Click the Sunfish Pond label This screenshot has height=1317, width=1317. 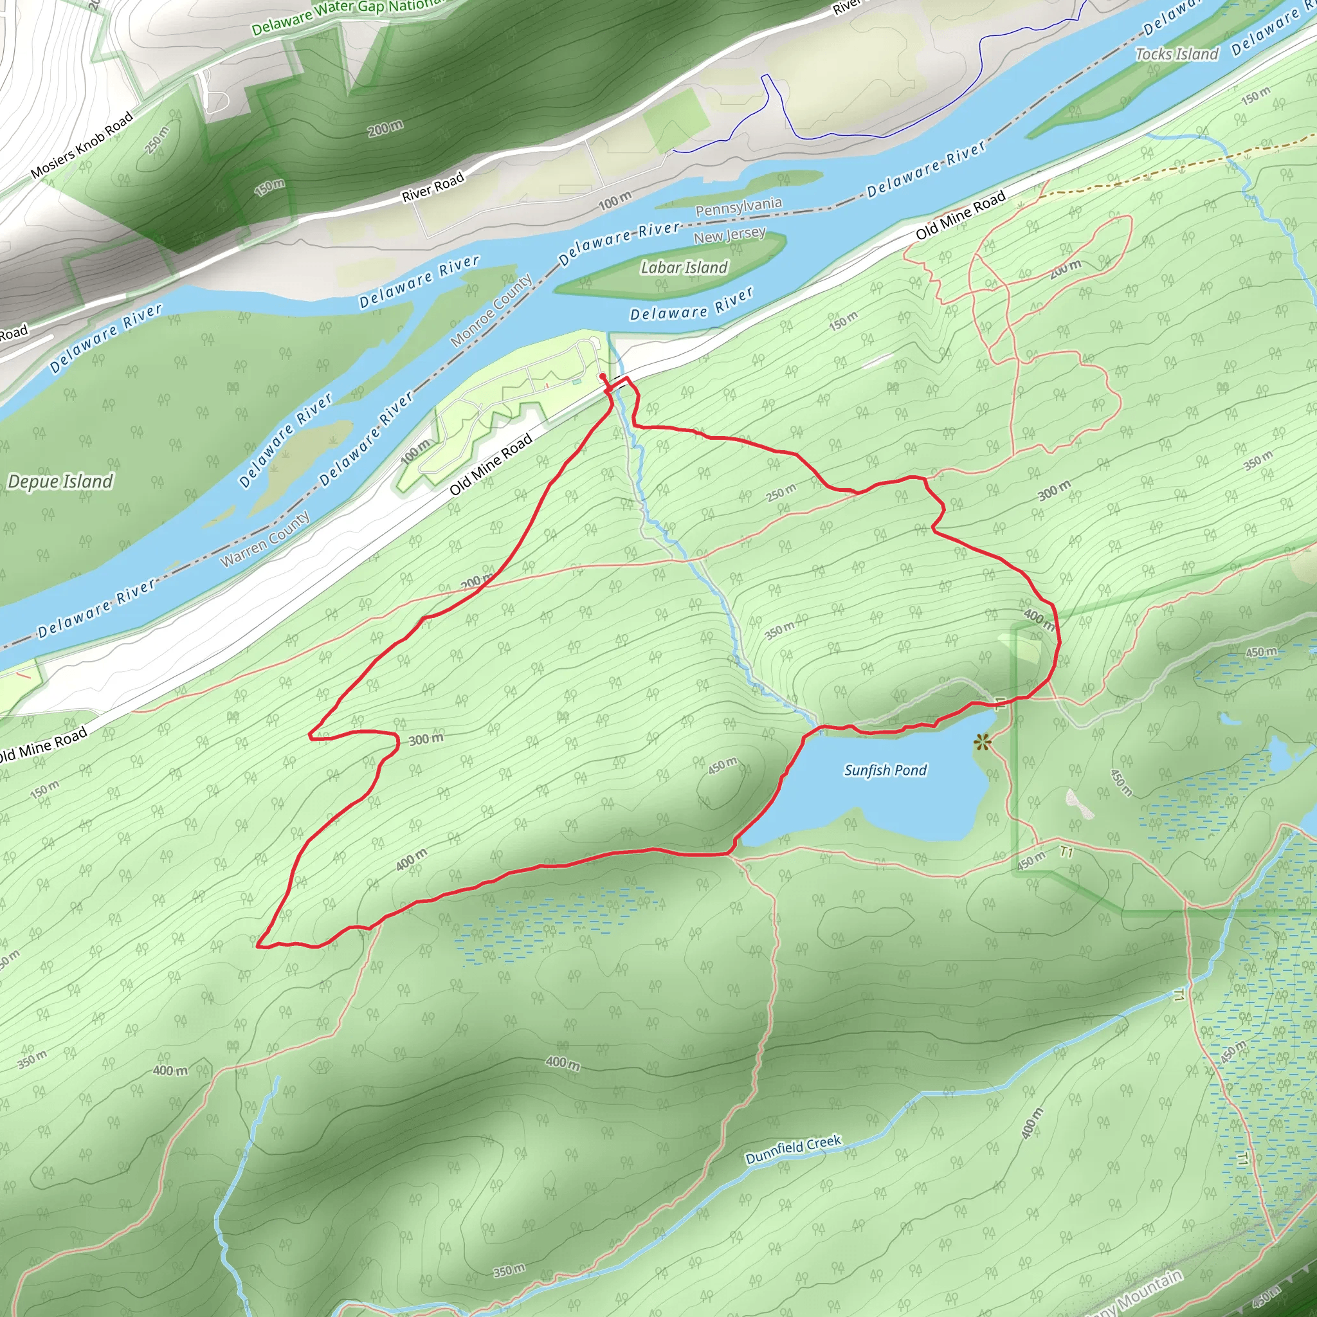[885, 770]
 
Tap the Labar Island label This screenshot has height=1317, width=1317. [684, 268]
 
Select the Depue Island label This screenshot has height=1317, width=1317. [60, 482]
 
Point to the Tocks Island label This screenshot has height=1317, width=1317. [1177, 55]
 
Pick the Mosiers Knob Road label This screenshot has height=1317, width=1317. [82, 146]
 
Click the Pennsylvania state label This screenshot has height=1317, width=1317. [738, 206]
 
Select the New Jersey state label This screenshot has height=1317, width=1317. [729, 236]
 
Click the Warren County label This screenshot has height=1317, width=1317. [265, 538]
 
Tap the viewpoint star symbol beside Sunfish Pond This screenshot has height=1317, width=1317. [981, 741]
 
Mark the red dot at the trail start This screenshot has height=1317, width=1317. [603, 376]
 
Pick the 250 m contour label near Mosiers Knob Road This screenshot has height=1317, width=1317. [157, 140]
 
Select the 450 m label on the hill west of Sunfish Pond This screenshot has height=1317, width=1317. [723, 765]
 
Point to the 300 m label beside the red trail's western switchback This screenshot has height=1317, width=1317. [426, 739]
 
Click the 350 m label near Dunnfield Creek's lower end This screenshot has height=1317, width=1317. [509, 1270]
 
